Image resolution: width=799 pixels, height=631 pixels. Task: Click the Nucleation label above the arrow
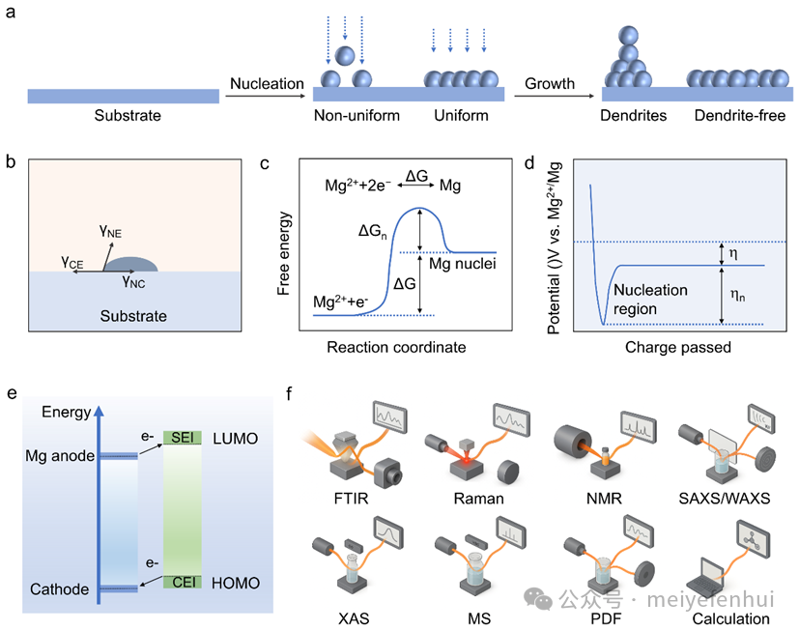(x=267, y=84)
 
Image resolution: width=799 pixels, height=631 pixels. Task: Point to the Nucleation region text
(x=651, y=299)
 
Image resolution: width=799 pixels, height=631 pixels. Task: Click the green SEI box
(x=182, y=438)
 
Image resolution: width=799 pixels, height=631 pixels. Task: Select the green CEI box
(x=182, y=582)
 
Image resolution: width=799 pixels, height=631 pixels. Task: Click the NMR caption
(x=602, y=501)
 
